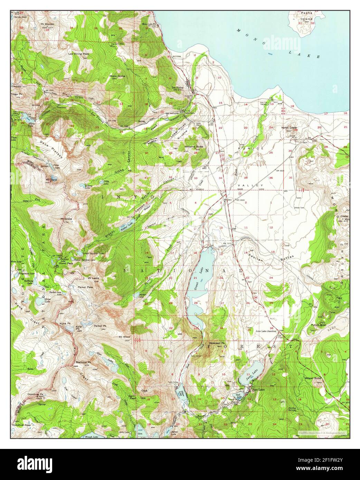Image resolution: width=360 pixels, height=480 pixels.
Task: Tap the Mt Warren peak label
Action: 47,24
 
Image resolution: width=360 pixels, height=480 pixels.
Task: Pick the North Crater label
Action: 289,128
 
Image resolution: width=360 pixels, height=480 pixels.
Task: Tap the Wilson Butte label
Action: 313,378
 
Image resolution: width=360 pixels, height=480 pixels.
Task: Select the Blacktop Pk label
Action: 83,362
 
